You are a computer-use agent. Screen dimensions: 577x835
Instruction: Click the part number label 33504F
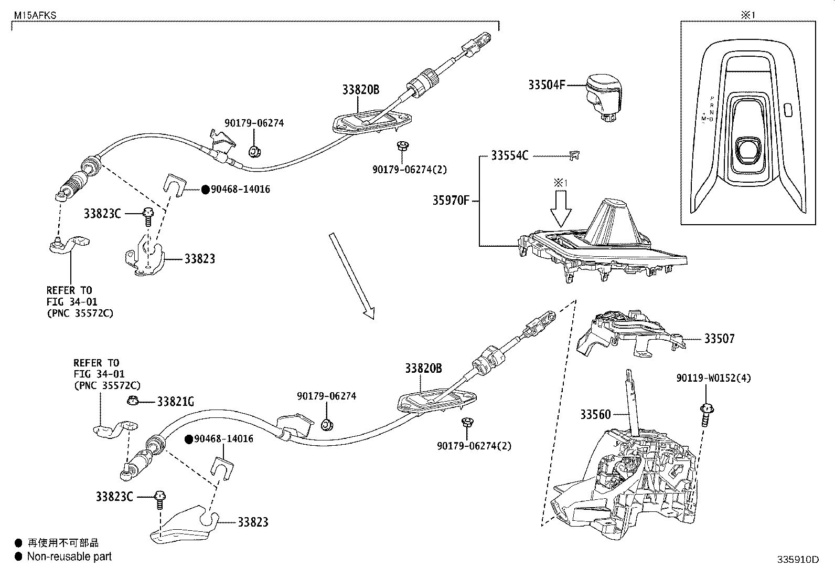pyautogui.click(x=546, y=85)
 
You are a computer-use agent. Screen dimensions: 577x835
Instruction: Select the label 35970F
pyautogui.click(x=451, y=200)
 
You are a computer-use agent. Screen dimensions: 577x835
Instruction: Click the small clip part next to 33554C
pyautogui.click(x=575, y=155)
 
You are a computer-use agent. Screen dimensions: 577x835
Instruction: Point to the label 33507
pyautogui.click(x=719, y=339)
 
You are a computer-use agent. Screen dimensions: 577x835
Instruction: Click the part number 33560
pyautogui.click(x=595, y=414)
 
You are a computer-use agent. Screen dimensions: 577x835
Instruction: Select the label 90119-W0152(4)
pyautogui.click(x=713, y=378)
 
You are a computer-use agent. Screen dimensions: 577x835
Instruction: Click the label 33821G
pyautogui.click(x=176, y=402)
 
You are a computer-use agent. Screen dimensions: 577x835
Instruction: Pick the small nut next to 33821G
pyautogui.click(x=133, y=401)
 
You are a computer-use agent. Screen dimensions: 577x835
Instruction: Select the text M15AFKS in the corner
pyautogui.click(x=35, y=16)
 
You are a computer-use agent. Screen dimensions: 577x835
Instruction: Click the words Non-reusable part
pyautogui.click(x=69, y=557)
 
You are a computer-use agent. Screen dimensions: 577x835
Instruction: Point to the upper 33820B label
pyautogui.click(x=360, y=90)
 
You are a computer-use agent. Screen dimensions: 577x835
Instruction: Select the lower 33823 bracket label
pyautogui.click(x=253, y=522)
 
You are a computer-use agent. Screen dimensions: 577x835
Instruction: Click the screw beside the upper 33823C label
pyautogui.click(x=147, y=215)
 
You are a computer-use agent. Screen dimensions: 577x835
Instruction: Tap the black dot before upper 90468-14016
pyautogui.click(x=205, y=190)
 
